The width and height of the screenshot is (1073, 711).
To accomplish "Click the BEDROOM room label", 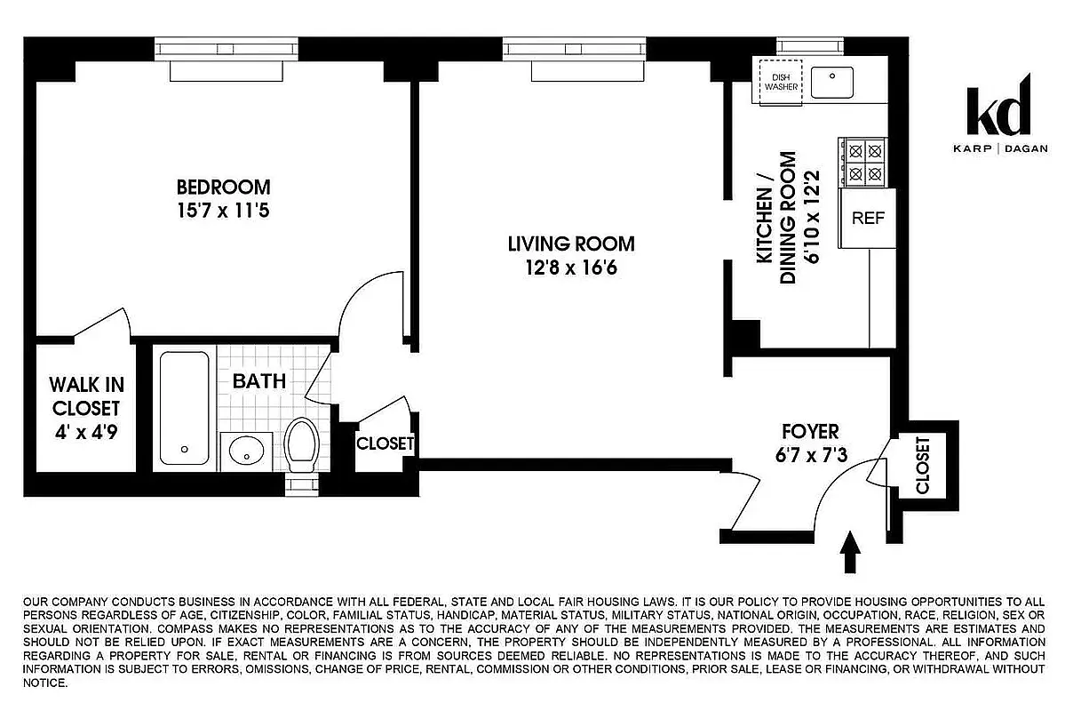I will coord(223,188).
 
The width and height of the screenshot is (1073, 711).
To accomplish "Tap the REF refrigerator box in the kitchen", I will coord(868,218).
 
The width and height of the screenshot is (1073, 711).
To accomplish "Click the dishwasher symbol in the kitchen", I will coord(778,82).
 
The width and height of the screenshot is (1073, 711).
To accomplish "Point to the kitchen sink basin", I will coord(832,82).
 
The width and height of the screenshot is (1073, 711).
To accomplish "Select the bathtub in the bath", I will coord(185,408).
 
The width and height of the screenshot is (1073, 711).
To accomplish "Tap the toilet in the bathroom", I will coord(302,445).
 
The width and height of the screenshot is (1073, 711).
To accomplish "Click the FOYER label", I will coord(809,432).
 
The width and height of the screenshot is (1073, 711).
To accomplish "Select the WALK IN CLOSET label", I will coord(86,396).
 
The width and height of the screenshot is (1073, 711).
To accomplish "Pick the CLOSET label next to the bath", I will coord(385,443).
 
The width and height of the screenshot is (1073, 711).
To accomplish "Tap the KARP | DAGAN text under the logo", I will coord(998,148).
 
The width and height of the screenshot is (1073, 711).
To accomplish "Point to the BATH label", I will coord(259,381).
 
